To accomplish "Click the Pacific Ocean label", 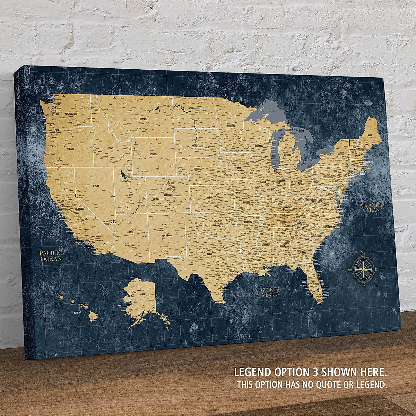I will [x=51, y=255].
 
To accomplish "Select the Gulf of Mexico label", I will [x=270, y=292].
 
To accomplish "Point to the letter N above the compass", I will [x=363, y=252].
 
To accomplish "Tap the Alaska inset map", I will [x=140, y=298].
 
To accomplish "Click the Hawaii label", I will [x=77, y=312].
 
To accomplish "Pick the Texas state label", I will [x=209, y=254].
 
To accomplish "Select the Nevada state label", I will [x=96, y=186].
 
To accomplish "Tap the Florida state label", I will [x=315, y=284].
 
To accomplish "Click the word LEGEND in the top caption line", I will [x=253, y=372].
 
